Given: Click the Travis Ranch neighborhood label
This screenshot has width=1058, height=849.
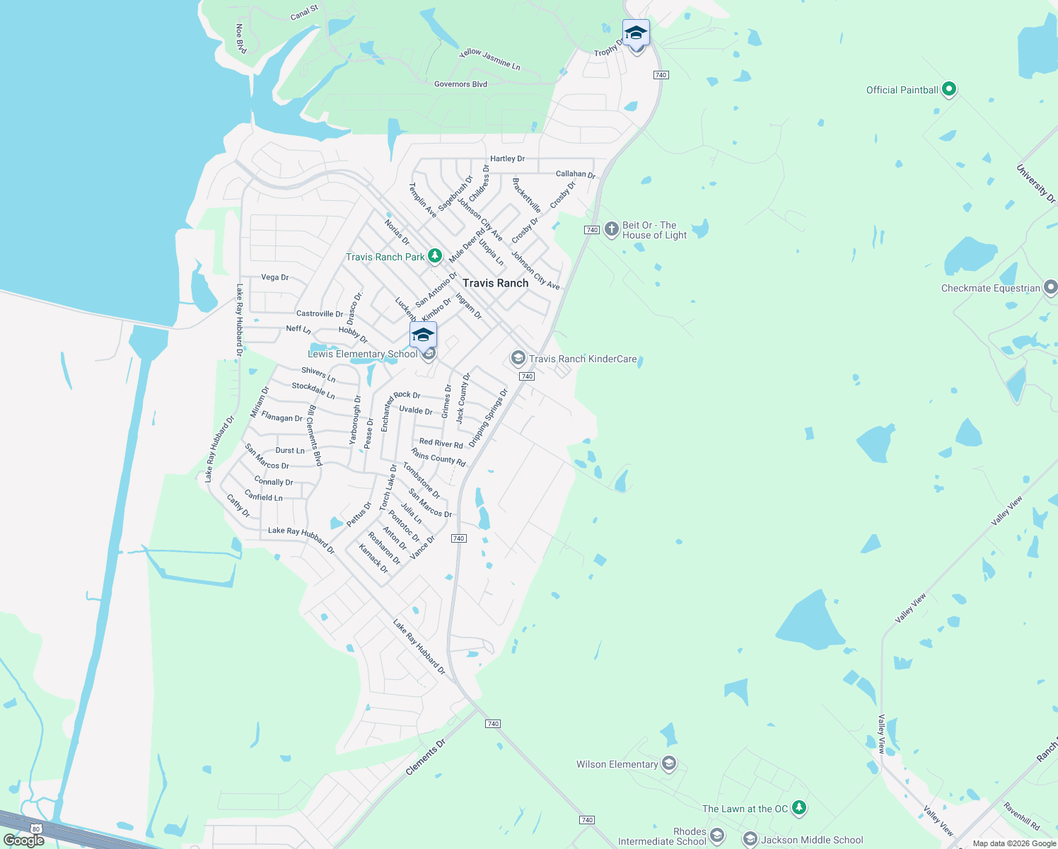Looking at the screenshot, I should tap(495, 283).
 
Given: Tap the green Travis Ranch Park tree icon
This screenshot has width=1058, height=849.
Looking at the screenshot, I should tap(435, 256).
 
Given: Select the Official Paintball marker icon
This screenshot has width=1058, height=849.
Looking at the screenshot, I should tap(949, 89).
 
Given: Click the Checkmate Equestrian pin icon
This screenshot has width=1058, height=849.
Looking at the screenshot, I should tap(1050, 287).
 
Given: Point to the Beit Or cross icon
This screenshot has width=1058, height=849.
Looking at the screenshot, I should tap(612, 230).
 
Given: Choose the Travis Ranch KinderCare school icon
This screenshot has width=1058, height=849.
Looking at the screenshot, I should tap(518, 359).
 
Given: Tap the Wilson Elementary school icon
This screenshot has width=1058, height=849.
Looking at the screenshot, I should tap(669, 763).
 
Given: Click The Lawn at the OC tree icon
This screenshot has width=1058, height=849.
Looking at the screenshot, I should tap(799, 808).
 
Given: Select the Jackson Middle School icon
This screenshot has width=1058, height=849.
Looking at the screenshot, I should tap(750, 840).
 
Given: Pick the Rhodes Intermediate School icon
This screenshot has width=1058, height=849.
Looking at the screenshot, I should tap(717, 836).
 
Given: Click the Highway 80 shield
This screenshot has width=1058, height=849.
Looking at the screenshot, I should tap(35, 828).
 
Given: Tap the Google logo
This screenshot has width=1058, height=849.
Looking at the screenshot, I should tap(23, 841).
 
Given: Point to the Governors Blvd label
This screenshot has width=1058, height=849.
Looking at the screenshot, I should tap(460, 84).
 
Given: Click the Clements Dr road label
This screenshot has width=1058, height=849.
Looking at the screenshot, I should tap(426, 757).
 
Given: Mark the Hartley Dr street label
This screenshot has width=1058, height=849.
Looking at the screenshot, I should tap(507, 158).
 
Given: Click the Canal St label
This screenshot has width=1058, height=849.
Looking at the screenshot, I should tap(304, 13).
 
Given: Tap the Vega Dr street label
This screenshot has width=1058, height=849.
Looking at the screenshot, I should tap(275, 277).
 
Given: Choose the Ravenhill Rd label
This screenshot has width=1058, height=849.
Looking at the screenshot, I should tap(1022, 816).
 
